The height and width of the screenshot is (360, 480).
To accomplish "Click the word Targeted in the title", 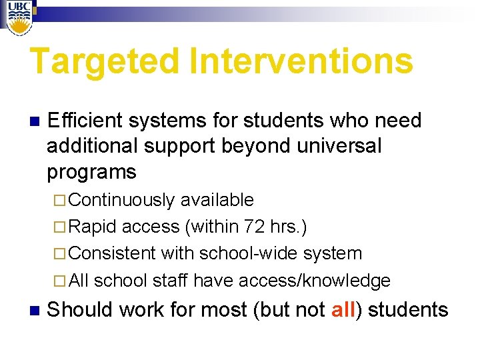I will tap(104, 61).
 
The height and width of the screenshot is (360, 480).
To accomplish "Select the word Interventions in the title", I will tap(301, 61).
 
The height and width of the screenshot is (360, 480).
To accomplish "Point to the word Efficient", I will tap(85, 121).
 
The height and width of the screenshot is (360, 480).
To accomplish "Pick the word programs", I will tap(91, 172).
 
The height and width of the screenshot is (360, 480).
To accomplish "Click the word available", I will tap(217, 200).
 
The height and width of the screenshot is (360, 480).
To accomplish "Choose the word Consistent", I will tap(112, 253).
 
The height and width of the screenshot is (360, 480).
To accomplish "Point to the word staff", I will tap(170, 281).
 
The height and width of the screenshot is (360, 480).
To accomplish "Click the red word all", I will tap(343, 310).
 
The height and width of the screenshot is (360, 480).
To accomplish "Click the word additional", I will tap(91, 146).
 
